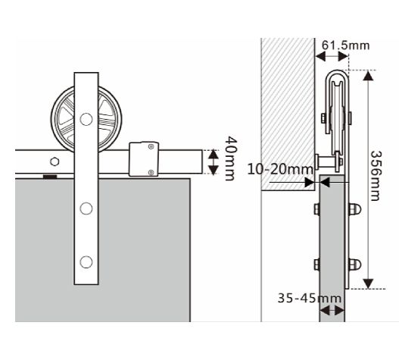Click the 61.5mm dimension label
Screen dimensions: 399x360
pyautogui.click(x=345, y=45)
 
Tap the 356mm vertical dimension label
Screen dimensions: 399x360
pyautogui.click(x=376, y=176)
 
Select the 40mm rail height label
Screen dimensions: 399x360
pyautogui.click(x=231, y=158)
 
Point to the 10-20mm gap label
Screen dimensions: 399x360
pyautogui.click(x=280, y=169)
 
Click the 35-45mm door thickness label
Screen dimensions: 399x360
pyautogui.click(x=310, y=298)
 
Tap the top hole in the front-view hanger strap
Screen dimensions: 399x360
pyautogui.click(x=86, y=119)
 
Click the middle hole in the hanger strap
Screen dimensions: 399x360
pyautogui.click(x=86, y=208)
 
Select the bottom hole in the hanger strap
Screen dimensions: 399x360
pyautogui.click(x=86, y=262)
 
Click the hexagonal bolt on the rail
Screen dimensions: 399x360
pyautogui.click(x=55, y=161)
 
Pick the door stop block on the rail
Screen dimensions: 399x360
pyautogui.click(x=144, y=159)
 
